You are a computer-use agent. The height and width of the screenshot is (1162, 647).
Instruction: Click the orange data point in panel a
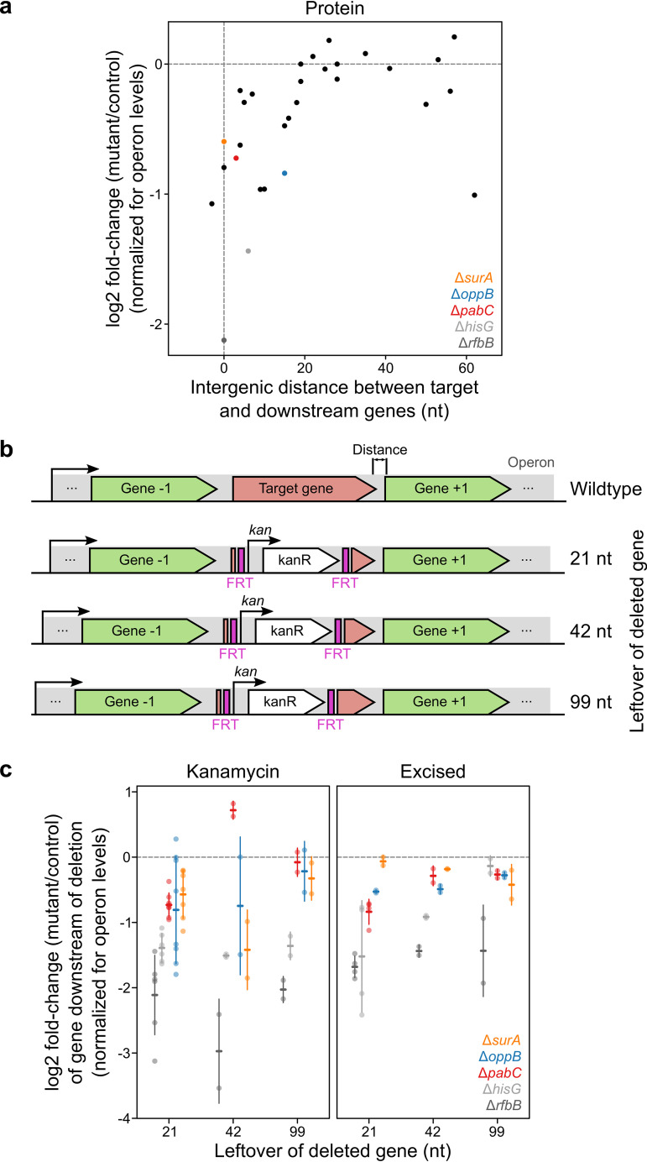(x=224, y=142)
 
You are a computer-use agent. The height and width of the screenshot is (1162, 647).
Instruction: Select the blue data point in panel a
(x=284, y=173)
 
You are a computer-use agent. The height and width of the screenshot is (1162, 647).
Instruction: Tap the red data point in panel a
(x=236, y=158)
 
